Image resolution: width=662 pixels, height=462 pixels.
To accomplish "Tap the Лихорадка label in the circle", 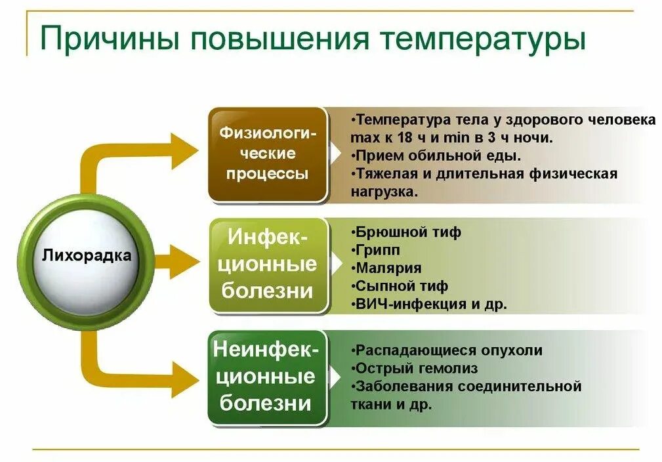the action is [x=86, y=255].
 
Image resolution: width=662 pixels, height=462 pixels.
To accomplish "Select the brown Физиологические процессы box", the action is [x=267, y=154].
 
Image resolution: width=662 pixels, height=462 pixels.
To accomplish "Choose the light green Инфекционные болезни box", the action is [x=268, y=264].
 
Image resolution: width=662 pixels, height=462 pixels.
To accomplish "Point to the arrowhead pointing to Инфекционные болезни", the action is [x=186, y=262].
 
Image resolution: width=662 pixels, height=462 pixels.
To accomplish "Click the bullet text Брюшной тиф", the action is [x=407, y=232].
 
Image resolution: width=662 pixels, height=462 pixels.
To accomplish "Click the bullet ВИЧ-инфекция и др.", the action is [x=430, y=304].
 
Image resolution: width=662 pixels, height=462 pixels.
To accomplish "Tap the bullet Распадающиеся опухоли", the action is [x=447, y=350].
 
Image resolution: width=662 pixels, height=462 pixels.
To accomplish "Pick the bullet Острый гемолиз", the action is [x=415, y=368].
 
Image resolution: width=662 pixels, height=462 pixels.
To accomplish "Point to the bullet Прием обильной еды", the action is [x=436, y=156].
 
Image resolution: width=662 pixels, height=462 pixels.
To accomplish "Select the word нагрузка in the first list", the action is [x=383, y=192].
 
